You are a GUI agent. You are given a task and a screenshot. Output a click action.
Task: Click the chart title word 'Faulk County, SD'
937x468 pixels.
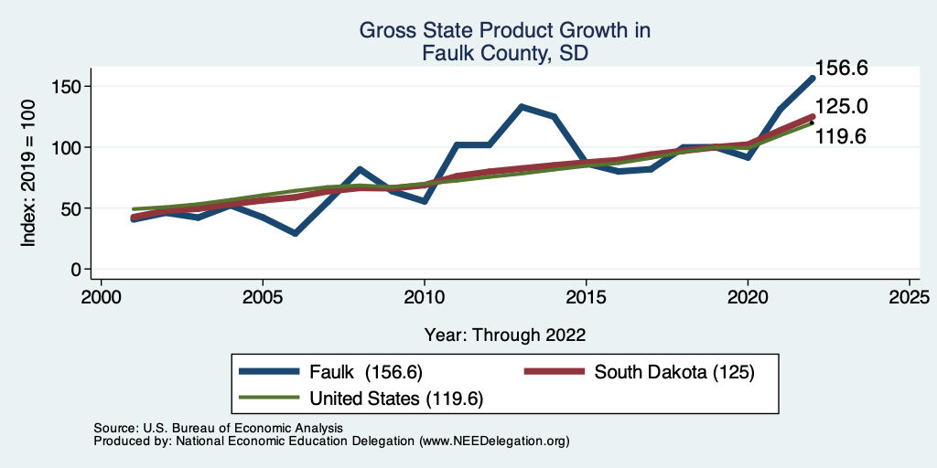point(504,54)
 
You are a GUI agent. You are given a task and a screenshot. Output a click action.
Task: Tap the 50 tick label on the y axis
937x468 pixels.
point(72,208)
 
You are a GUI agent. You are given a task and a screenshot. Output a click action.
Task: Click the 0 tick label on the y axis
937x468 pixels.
point(77,270)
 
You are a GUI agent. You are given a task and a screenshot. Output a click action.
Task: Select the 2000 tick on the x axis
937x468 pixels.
point(101,298)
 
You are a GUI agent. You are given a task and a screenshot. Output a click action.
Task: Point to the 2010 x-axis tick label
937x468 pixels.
point(425,298)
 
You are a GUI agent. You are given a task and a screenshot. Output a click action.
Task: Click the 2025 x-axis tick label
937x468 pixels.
point(910,298)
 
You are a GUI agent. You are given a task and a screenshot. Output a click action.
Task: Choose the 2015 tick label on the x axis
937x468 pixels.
point(587,298)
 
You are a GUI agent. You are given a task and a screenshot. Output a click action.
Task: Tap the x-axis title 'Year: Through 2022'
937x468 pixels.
point(504,334)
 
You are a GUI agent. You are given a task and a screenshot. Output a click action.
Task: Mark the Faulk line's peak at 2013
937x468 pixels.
point(522,107)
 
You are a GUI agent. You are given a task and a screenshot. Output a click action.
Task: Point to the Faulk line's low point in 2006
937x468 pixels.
point(295,233)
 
